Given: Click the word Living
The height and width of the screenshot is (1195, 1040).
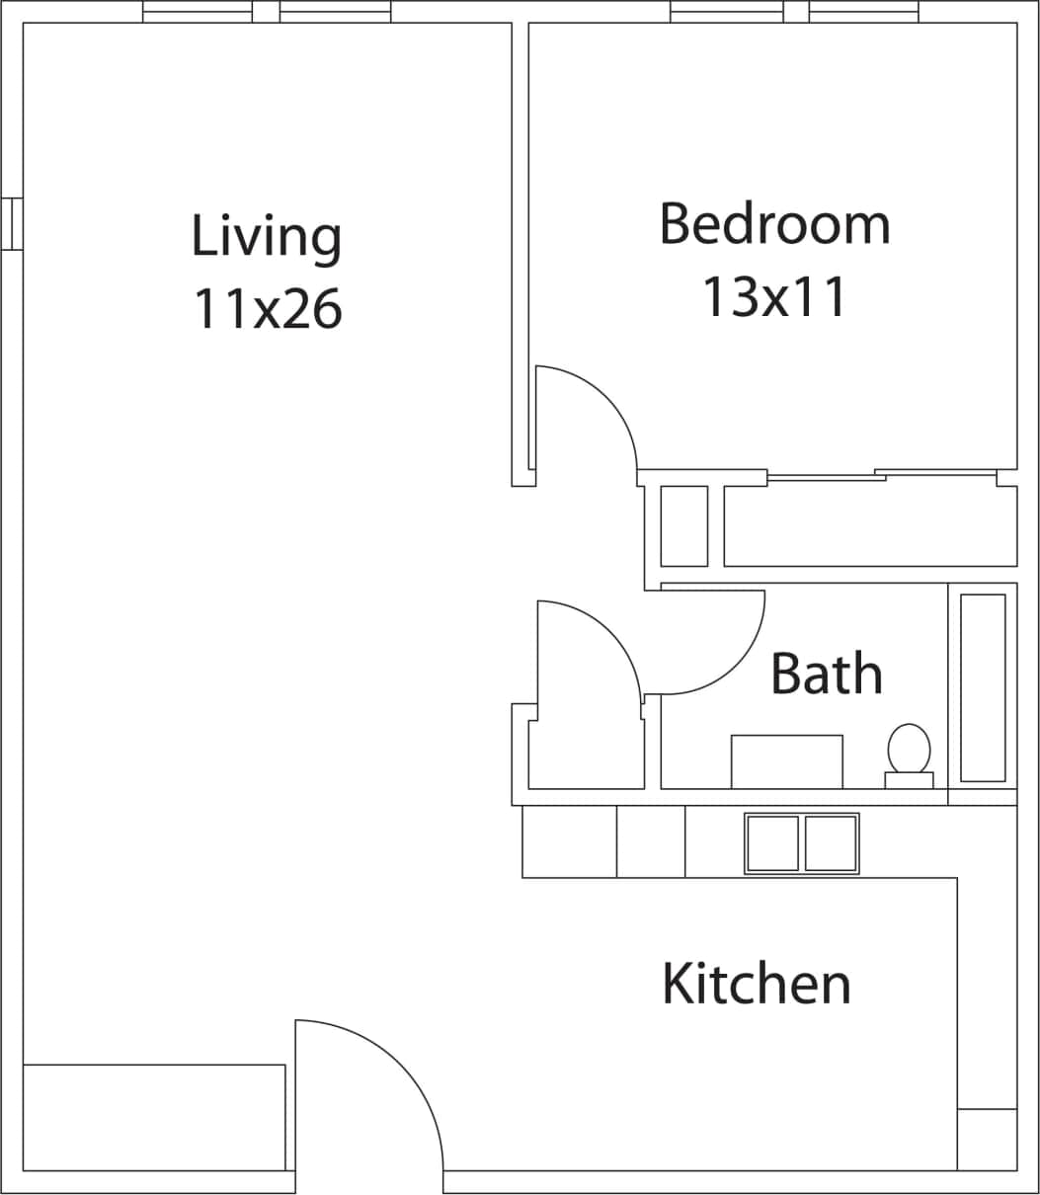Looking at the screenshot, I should click(x=267, y=237).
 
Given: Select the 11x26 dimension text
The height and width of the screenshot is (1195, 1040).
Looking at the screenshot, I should click(x=267, y=308).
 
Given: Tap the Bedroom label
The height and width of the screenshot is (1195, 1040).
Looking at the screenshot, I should click(x=774, y=224).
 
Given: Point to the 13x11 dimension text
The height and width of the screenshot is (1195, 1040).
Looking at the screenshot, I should click(x=774, y=296).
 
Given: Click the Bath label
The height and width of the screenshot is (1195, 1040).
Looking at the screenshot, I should click(x=826, y=674).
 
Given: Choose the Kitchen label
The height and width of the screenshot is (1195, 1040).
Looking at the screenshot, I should click(x=756, y=985).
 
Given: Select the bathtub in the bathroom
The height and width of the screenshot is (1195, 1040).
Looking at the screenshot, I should click(x=983, y=687).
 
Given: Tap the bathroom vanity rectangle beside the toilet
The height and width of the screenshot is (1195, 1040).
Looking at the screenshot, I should click(x=786, y=761).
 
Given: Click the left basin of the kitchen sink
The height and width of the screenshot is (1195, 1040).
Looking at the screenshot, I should click(x=772, y=843).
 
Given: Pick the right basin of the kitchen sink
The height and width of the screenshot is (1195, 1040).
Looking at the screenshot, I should click(x=831, y=843).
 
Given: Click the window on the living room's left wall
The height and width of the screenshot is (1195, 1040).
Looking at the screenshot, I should click(x=12, y=224).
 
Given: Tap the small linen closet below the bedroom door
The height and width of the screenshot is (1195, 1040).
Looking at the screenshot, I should click(x=683, y=525).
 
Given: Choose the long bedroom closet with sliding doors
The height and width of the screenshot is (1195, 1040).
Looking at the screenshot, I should click(x=869, y=525).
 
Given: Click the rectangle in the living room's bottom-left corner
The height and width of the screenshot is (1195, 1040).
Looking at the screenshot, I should click(x=154, y=1117).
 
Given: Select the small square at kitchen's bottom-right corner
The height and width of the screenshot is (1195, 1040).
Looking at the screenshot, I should click(x=987, y=1140).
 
